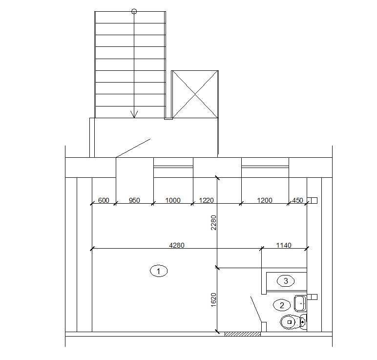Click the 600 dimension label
(x=104, y=200)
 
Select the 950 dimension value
(x=134, y=200)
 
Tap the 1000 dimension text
(x=173, y=200)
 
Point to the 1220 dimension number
(x=206, y=200)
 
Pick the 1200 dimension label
(x=265, y=200)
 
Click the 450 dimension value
(x=297, y=200)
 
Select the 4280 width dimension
(x=177, y=245)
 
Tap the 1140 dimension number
(x=284, y=245)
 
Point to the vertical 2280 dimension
(x=214, y=223)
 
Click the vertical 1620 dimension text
(x=214, y=300)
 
